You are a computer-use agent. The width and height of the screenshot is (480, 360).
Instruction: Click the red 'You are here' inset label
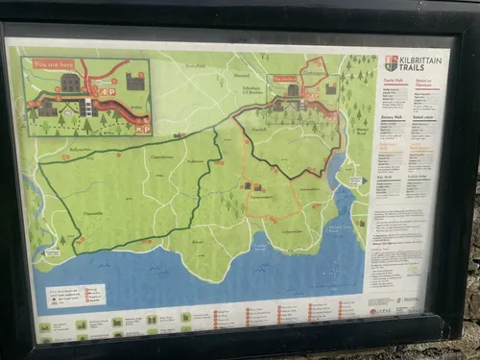coord(54,64)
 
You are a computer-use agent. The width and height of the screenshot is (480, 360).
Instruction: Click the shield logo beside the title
coord(391,62)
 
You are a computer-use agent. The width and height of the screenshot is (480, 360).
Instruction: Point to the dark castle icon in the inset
coord(134,83)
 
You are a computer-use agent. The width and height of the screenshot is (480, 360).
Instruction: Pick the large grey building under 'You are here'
coord(70,83)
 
